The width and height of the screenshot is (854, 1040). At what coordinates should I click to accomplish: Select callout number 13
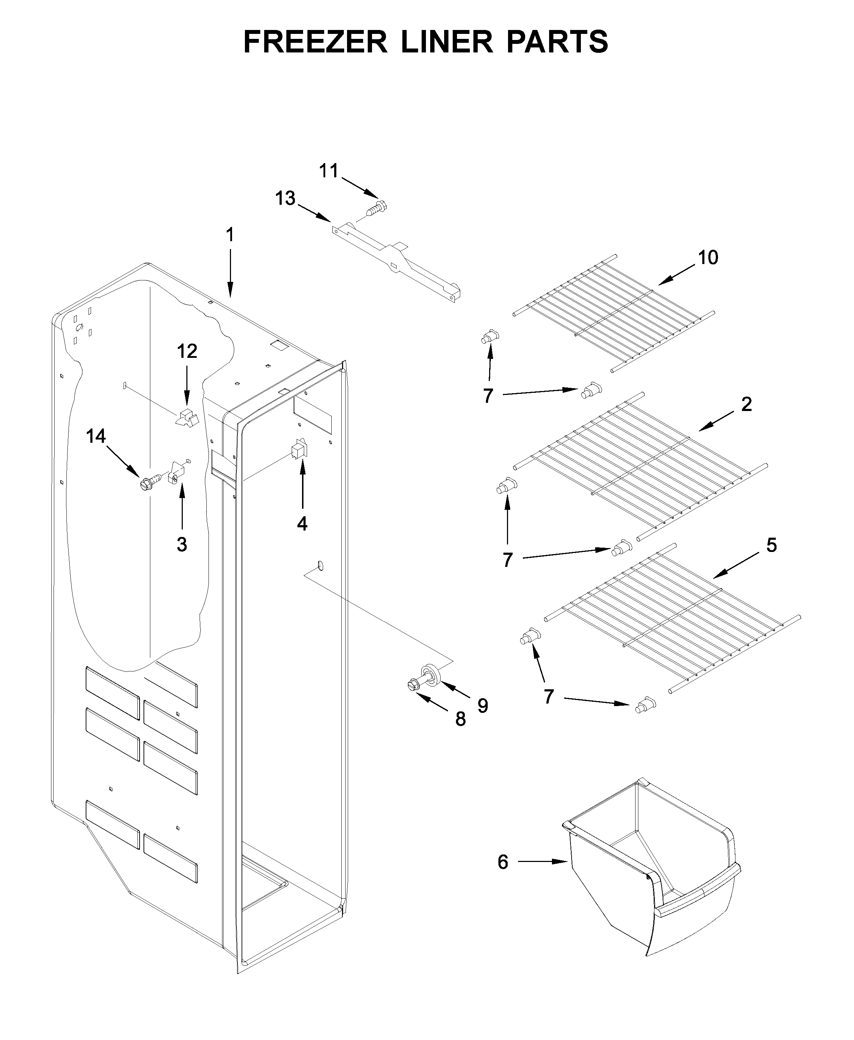point(285,199)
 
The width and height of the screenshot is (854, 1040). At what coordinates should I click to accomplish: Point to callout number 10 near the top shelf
point(708,258)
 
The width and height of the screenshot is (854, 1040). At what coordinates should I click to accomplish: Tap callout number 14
point(96,436)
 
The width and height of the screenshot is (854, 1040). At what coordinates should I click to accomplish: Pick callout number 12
point(187,351)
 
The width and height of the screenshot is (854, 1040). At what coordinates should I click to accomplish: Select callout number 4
point(302,524)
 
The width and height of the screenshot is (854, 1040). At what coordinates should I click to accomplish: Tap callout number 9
point(483,706)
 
